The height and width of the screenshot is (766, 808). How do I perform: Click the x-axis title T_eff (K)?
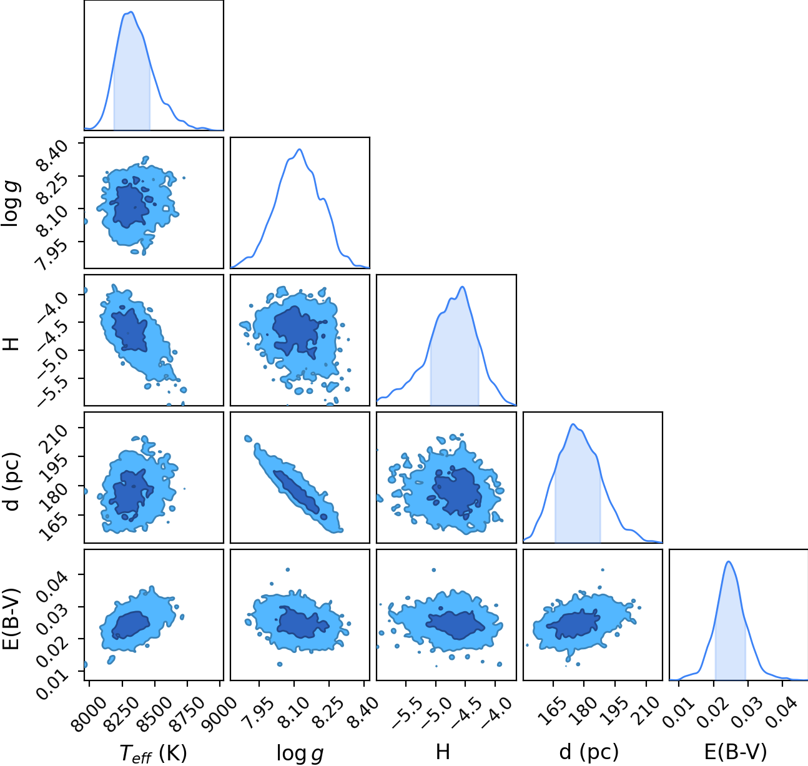point(154,753)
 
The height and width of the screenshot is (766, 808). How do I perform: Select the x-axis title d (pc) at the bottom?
point(589,752)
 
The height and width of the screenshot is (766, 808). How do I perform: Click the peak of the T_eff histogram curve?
point(131,12)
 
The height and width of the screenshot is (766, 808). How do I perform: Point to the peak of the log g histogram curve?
point(300,149)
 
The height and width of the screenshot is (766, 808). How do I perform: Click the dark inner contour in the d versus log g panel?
point(297,491)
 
